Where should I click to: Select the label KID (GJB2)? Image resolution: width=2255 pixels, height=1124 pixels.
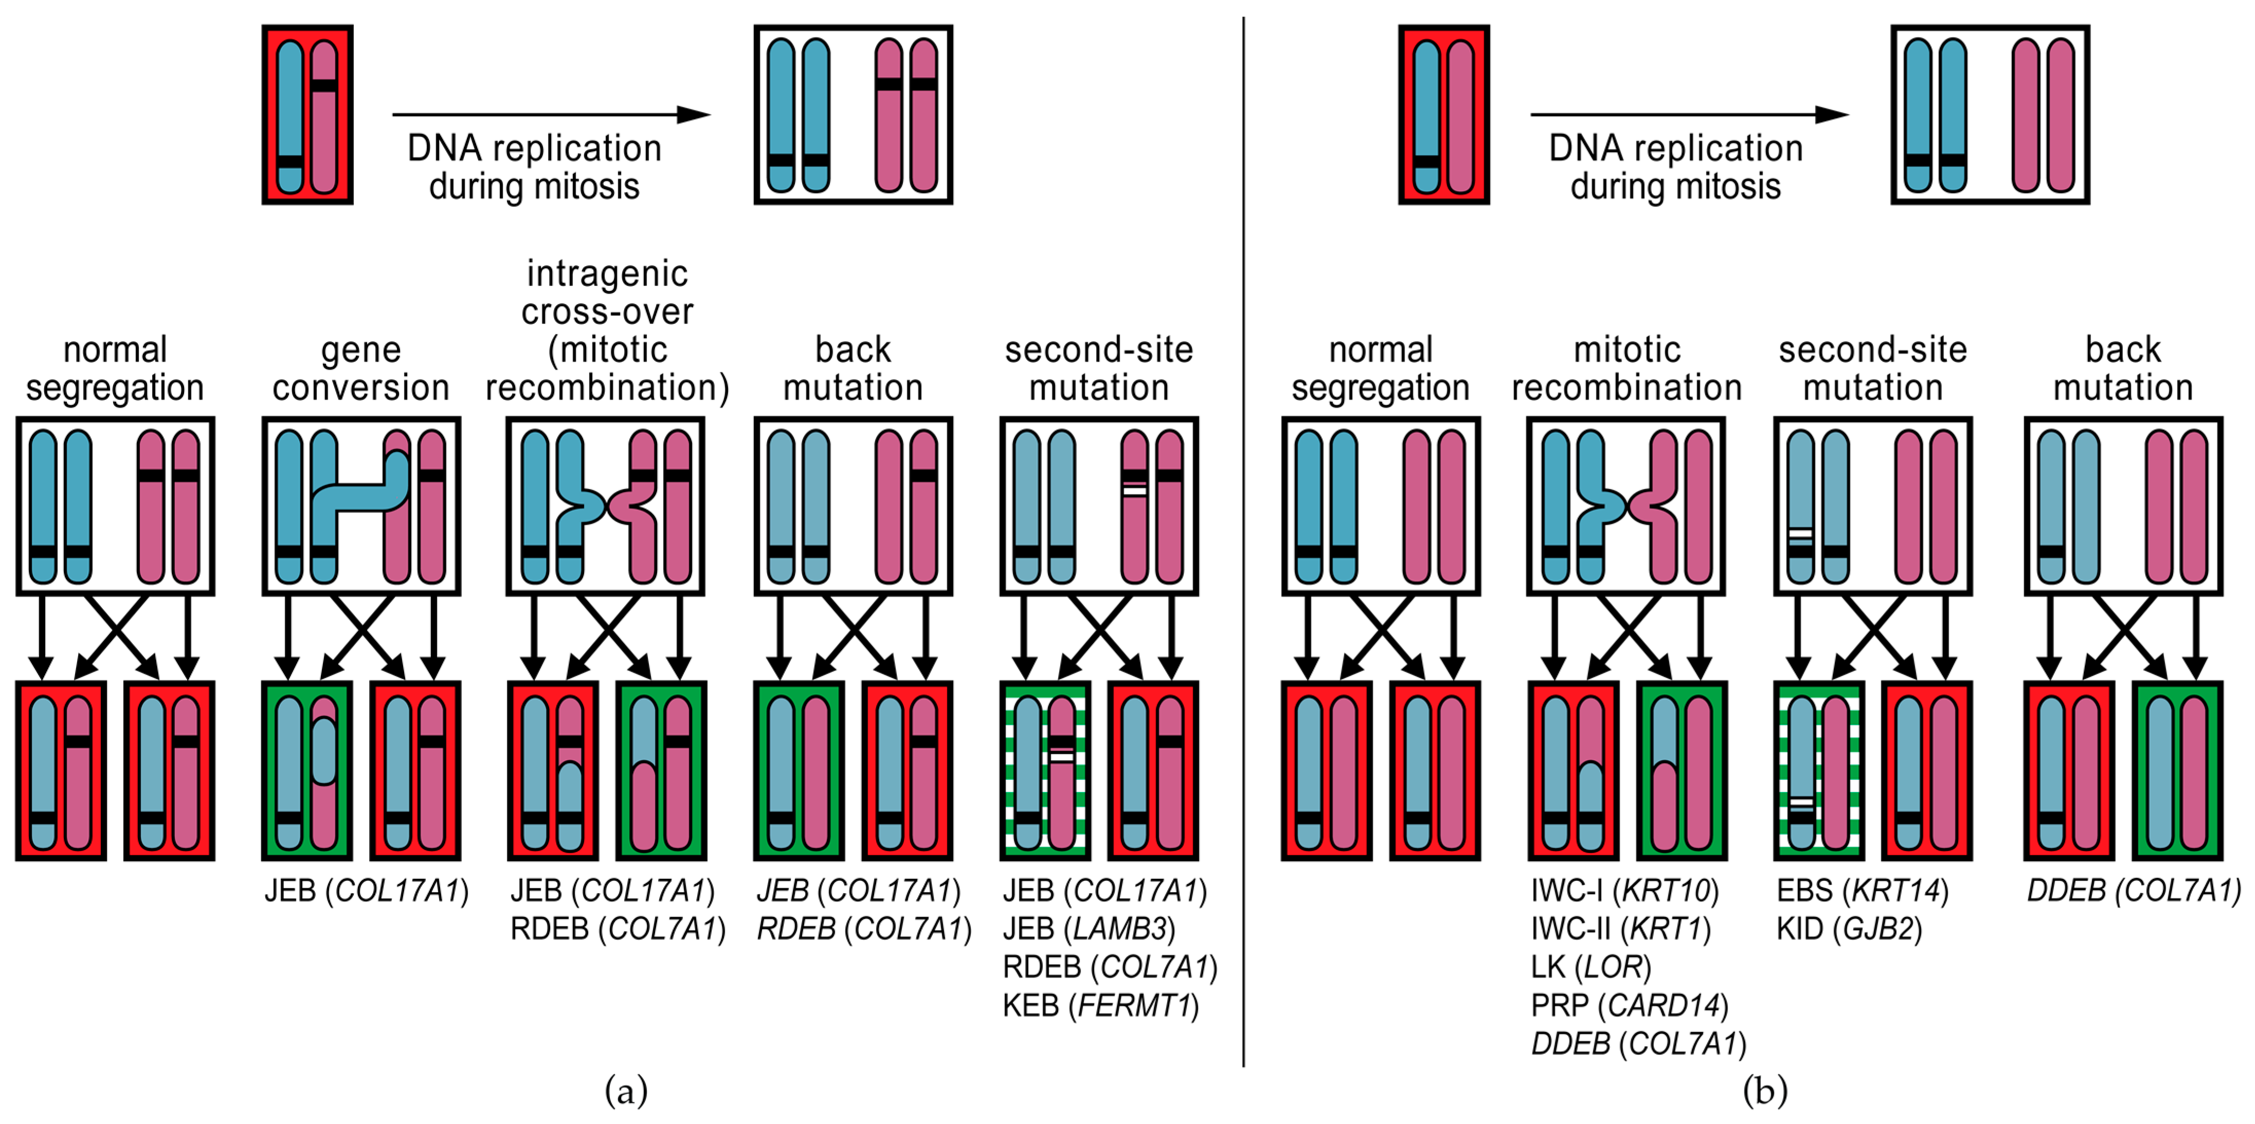(1849, 929)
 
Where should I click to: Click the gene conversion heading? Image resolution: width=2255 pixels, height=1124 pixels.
(360, 368)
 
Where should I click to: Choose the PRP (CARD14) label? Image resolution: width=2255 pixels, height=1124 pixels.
(1629, 1006)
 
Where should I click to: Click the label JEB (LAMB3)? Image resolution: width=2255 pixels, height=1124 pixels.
(1089, 929)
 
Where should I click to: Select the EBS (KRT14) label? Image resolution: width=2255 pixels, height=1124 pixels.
(1862, 891)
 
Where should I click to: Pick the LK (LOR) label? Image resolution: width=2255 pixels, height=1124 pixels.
(1591, 967)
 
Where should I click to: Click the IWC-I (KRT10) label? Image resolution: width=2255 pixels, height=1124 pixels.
(1624, 891)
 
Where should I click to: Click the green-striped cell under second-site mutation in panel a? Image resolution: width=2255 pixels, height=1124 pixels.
(1045, 770)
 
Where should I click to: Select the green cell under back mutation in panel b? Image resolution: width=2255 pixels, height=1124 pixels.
(2176, 770)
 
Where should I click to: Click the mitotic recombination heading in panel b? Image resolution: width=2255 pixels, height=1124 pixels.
(1627, 368)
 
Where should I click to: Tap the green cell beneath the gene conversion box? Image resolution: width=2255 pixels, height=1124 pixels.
(307, 770)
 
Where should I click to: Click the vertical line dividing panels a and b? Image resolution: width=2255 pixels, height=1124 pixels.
(1243, 543)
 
